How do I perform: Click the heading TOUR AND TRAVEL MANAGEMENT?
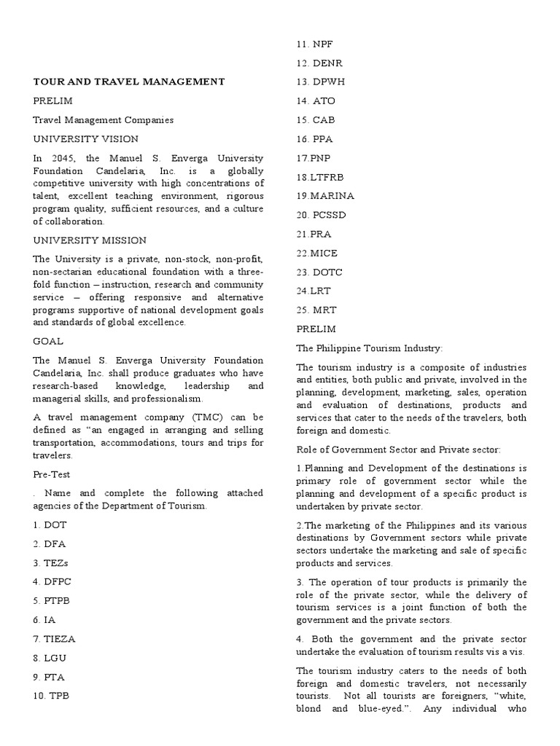point(129,82)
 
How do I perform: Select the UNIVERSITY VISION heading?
point(85,138)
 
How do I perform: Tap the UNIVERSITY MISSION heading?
point(90,240)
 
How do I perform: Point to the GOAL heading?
point(48,340)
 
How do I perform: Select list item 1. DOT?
point(50,525)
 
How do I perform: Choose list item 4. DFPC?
point(52,581)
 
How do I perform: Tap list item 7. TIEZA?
point(54,638)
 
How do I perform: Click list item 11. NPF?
point(315,44)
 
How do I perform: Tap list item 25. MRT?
point(317,310)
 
